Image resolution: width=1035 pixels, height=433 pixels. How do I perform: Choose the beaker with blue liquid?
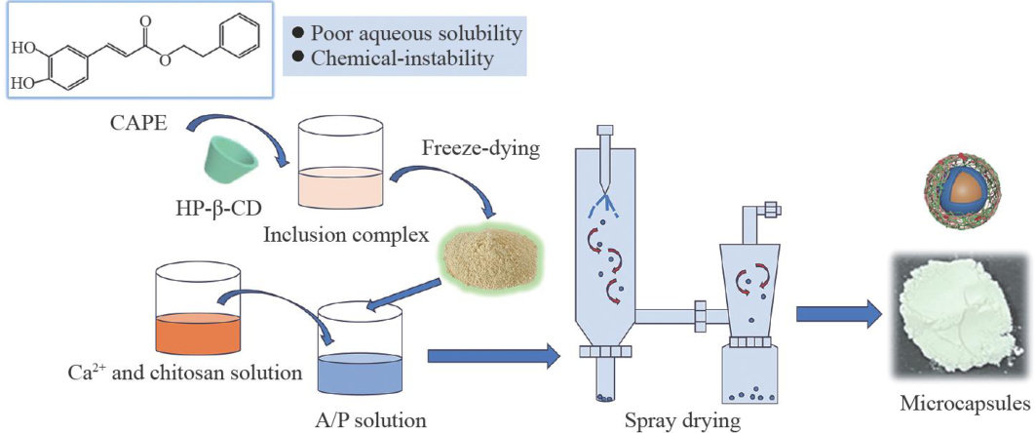[x=360, y=345]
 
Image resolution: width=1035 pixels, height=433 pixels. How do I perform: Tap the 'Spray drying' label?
[x=678, y=421]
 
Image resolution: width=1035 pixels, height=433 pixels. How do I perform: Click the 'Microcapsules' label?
[x=966, y=402]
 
